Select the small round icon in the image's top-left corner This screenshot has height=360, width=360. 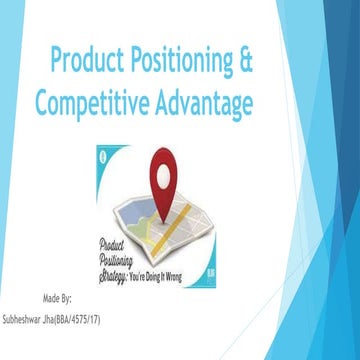[104, 153]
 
